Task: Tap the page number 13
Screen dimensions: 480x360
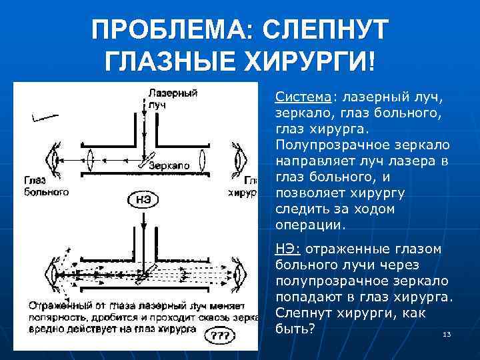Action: tap(447, 334)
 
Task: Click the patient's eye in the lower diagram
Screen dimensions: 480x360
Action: tap(49, 272)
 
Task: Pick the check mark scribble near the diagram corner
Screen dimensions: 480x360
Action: tap(41, 118)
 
